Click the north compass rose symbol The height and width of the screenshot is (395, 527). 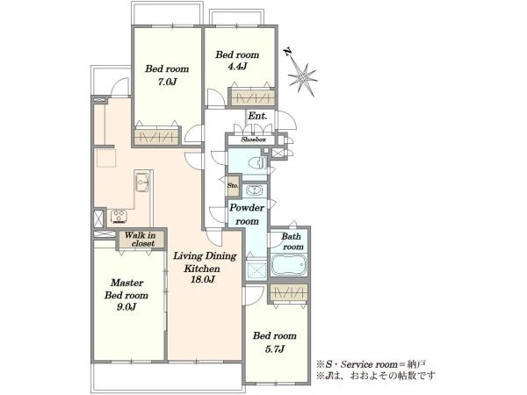click(x=302, y=76)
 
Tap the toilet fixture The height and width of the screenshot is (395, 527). click(x=257, y=163)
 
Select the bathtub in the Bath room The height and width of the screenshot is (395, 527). click(x=289, y=265)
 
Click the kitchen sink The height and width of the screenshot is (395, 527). click(x=142, y=183)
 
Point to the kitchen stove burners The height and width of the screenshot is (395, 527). click(x=119, y=216)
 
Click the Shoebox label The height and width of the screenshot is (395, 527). click(x=254, y=140)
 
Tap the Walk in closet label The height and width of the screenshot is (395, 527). click(x=141, y=239)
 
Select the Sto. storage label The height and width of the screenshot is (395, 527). click(x=233, y=185)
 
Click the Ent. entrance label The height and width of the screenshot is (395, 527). click(x=257, y=116)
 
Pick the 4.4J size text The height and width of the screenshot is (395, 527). click(x=237, y=67)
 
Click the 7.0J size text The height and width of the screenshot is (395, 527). click(x=167, y=82)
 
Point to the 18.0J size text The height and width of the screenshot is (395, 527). click(x=203, y=279)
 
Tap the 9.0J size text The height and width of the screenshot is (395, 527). click(x=126, y=306)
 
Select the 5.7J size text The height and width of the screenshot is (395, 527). click(x=275, y=349)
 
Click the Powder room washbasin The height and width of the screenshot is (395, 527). click(x=255, y=190)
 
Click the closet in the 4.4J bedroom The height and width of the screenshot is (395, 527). click(x=253, y=97)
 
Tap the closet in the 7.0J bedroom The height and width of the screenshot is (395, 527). click(x=155, y=137)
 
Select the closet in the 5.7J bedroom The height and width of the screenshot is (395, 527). click(x=289, y=292)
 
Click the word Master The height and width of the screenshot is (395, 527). click(x=127, y=283)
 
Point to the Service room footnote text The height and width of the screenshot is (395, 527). click(x=371, y=365)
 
